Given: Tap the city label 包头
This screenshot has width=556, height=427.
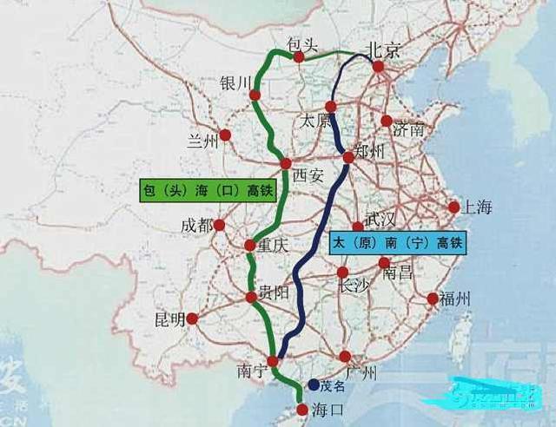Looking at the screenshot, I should (303, 43).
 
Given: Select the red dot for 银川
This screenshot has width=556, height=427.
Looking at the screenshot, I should (255, 95).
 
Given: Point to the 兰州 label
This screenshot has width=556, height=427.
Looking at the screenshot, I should (202, 141).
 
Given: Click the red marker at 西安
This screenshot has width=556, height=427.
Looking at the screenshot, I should (285, 163).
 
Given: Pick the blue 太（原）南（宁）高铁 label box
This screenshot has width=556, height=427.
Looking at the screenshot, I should (397, 242).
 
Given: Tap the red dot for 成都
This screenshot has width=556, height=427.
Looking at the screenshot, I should (219, 225).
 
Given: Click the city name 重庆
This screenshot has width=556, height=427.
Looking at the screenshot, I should (273, 246).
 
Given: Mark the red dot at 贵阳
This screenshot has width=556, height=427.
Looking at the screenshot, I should (251, 297).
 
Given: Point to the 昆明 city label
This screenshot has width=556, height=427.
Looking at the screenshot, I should (170, 319).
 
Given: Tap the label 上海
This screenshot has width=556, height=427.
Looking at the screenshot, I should (477, 207).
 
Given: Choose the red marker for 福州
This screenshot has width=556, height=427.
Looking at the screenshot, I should (433, 299).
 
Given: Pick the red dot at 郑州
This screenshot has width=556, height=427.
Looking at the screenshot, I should (348, 157).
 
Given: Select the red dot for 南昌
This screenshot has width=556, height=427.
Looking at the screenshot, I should (384, 263).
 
